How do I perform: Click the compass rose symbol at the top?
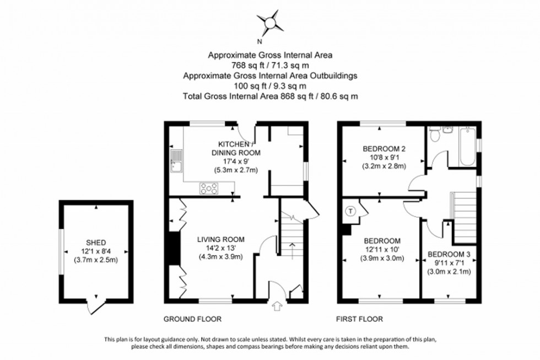[x=270, y=23]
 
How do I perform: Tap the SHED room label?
[x=95, y=243]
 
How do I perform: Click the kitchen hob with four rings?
[x=210, y=189]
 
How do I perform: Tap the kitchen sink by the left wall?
[x=176, y=160]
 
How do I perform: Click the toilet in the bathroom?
[x=435, y=134]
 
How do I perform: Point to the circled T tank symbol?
[x=350, y=211]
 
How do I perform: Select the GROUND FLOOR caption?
[x=192, y=319]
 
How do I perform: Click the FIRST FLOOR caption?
[x=359, y=319]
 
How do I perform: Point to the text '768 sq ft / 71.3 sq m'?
[x=270, y=65]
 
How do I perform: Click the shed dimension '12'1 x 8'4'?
[x=95, y=251]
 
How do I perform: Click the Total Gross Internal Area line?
[x=270, y=96]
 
